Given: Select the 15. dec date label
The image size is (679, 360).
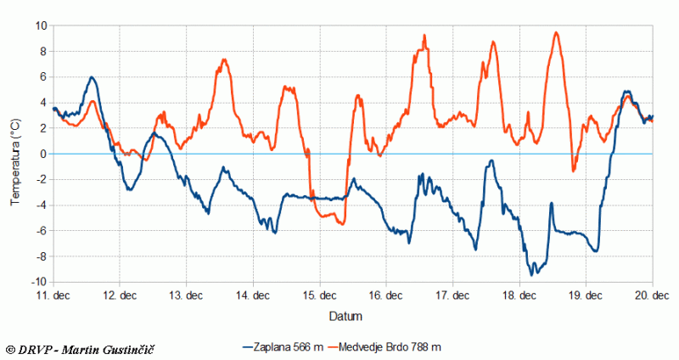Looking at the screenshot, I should coord(320,295).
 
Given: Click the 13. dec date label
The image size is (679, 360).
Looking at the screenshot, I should coord(187,295).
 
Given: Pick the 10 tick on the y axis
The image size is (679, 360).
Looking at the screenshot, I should coord(40,25).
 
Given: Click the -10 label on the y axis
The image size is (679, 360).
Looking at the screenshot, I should coord(38,282).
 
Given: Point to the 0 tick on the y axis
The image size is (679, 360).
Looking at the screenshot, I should coord(43,154).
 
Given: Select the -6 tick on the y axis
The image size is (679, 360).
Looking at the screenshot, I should coord(41,231).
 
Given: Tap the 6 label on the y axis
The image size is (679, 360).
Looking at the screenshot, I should coord(43,76).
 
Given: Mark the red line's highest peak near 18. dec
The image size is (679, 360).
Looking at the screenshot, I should coord(556,32).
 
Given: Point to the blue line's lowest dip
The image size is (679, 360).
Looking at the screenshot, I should coord(532,274).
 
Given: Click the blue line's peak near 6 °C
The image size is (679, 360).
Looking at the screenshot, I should coord(92,77).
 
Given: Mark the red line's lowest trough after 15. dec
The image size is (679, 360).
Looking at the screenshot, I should coord(341,223).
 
